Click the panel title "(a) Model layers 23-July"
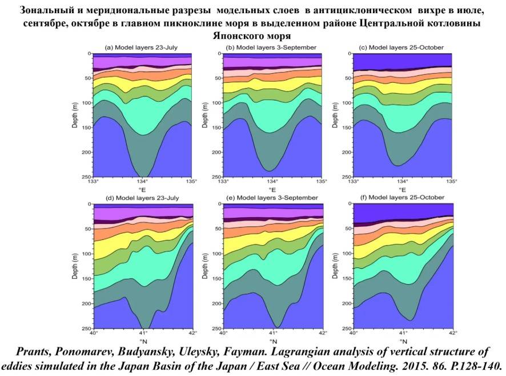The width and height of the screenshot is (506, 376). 141,47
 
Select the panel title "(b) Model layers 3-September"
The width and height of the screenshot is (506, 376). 271,47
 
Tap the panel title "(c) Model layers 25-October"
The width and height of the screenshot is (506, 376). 401,47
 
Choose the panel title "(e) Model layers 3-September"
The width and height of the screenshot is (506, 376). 272,198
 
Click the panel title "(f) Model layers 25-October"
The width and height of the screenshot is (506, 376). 402,197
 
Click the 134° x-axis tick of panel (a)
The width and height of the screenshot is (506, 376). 142,181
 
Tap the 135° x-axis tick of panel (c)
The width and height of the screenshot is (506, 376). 452,181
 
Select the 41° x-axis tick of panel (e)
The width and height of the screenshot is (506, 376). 274,333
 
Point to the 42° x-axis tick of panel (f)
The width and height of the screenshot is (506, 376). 453,333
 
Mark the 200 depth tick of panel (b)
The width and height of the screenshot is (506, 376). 216,152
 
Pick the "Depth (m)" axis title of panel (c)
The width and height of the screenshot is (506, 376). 335,115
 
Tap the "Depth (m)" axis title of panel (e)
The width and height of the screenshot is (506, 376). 205,266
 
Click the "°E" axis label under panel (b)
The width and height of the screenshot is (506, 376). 272,190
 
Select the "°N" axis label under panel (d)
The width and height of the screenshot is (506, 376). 143,342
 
